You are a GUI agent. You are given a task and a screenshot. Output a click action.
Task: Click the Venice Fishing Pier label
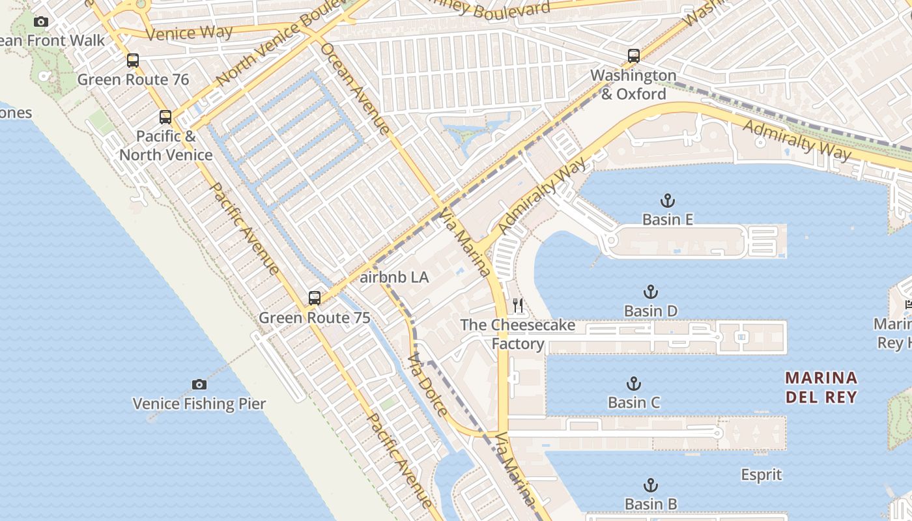click(x=199, y=404)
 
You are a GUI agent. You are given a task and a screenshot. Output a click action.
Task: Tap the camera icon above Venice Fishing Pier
click(x=199, y=384)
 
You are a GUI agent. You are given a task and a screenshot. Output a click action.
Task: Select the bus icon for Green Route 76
click(x=133, y=61)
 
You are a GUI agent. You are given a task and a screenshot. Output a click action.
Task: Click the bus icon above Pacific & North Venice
click(x=165, y=117)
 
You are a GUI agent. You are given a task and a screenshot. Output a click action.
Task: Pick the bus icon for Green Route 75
click(x=315, y=298)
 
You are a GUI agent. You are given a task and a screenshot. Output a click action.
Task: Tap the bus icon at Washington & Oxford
click(x=633, y=56)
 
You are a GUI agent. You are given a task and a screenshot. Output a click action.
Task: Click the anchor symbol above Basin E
click(x=667, y=200)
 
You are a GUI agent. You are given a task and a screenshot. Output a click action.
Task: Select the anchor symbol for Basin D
click(x=650, y=291)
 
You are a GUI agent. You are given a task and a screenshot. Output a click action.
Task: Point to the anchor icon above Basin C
click(x=633, y=383)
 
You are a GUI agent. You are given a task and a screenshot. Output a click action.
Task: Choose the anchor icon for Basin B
click(x=650, y=485)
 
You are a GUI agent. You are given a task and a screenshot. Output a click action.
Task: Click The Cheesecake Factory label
click(x=517, y=334)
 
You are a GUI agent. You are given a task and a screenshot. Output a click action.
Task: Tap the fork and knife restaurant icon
click(x=518, y=305)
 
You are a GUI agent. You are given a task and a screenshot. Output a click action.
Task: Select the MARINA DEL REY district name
click(x=821, y=387)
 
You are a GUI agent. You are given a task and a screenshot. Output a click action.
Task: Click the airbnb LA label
click(x=394, y=277)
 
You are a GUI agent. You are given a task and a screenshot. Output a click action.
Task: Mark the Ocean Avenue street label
click(x=355, y=89)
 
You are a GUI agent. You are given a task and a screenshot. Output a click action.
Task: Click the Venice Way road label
click(x=189, y=33)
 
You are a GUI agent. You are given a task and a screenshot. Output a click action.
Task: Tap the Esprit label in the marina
click(x=761, y=475)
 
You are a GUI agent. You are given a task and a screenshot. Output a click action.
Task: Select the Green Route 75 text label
click(x=315, y=318)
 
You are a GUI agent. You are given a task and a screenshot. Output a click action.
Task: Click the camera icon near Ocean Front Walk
click(x=41, y=21)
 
